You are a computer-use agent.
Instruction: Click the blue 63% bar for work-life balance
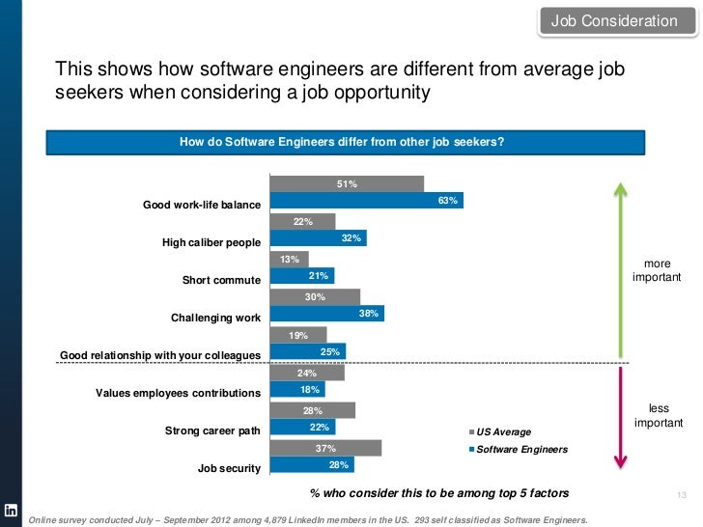(x=367, y=201)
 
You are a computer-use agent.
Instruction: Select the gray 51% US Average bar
(x=347, y=183)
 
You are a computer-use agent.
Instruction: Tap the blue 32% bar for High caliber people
(x=318, y=238)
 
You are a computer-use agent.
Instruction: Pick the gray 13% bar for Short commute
(x=289, y=259)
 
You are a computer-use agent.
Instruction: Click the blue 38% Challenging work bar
(x=326, y=314)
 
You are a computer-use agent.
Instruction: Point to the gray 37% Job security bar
(x=325, y=448)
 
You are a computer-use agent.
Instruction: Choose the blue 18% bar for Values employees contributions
(x=297, y=389)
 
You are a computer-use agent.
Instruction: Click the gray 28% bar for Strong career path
(x=312, y=410)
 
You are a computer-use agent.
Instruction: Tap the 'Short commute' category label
(x=222, y=280)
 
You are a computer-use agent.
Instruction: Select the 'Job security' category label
(x=229, y=468)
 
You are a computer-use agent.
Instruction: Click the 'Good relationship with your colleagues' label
(x=160, y=355)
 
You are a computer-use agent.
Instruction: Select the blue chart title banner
(x=342, y=141)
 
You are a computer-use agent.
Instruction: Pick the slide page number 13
(x=681, y=495)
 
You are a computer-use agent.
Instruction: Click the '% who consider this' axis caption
(x=439, y=493)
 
